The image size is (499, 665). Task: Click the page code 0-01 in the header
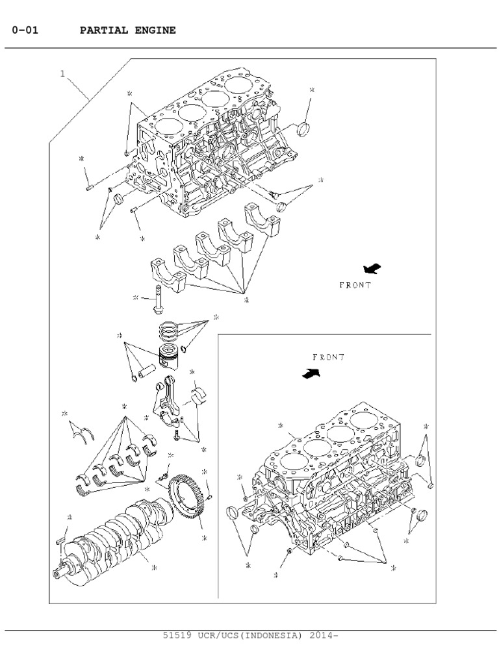tap(25, 31)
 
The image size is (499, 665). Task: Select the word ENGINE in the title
tap(154, 31)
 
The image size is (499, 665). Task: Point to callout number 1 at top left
tap(62, 74)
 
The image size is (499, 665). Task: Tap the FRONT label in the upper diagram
tap(355, 285)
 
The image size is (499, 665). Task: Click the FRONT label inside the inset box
tap(328, 357)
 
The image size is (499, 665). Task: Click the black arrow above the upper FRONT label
tap(372, 268)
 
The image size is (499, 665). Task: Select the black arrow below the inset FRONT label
tap(312, 373)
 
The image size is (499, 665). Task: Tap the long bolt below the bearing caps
tap(159, 299)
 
